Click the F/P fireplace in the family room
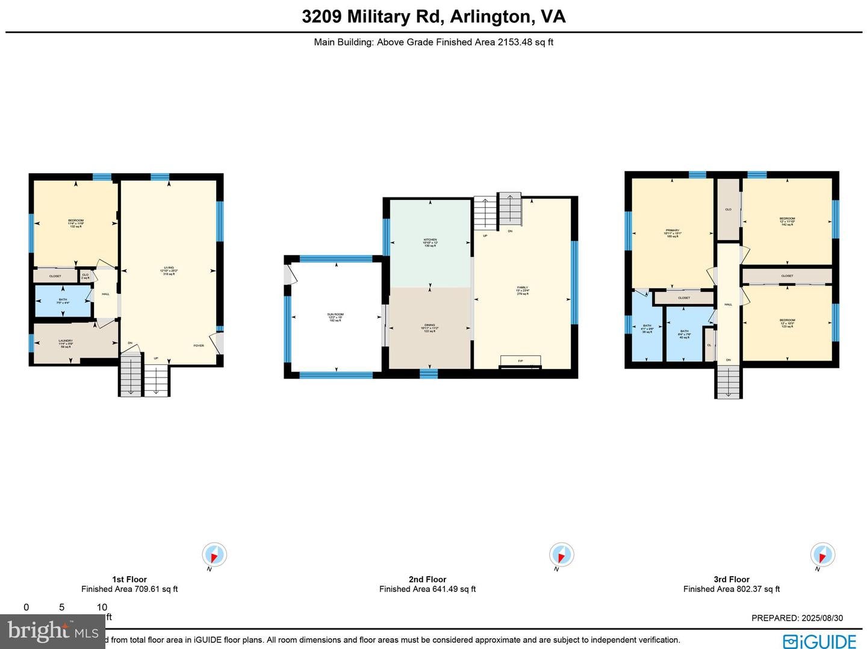(x=520, y=361)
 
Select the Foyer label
(x=198, y=346)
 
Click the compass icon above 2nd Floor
(x=561, y=554)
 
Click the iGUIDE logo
(x=819, y=641)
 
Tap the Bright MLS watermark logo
(x=53, y=631)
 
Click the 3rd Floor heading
(x=732, y=579)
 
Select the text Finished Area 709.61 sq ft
(x=129, y=589)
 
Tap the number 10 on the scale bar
(x=102, y=607)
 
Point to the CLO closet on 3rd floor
(x=728, y=210)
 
